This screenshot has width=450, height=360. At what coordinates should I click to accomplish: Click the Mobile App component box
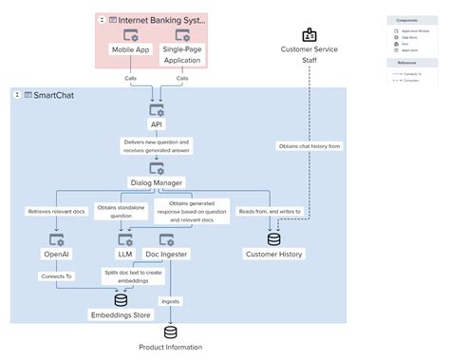[x=131, y=50]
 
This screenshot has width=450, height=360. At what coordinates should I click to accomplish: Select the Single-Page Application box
[x=181, y=54]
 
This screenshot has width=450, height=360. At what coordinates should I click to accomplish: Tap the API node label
[x=157, y=123]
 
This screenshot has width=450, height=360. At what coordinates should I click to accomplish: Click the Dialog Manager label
[x=157, y=181]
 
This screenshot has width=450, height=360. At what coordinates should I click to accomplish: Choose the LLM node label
[x=124, y=254]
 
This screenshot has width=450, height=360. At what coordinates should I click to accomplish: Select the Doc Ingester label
[x=166, y=254]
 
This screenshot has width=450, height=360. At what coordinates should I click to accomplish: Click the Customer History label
[x=274, y=254]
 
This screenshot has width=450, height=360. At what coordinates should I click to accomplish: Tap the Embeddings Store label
[x=121, y=314]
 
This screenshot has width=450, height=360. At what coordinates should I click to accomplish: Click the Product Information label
[x=171, y=348]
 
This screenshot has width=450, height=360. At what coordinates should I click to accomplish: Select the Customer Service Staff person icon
[x=309, y=35]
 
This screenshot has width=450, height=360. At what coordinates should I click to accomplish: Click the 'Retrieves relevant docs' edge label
[x=56, y=211]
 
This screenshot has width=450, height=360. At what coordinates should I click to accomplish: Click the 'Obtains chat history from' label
[x=309, y=145]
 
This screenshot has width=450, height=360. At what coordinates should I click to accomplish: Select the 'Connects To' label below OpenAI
[x=56, y=276]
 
